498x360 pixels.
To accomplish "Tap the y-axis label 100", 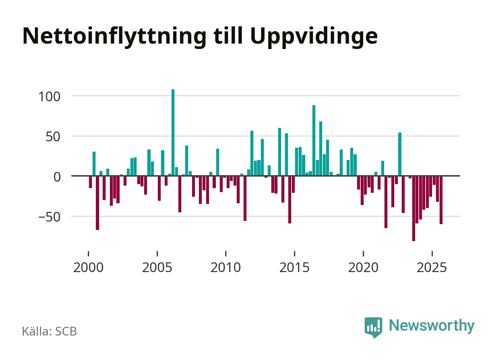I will tap(49, 97).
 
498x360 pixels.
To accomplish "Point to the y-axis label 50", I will tap(53, 137).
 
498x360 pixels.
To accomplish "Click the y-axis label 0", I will tap(57, 177).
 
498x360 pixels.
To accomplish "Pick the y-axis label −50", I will tap(49, 217).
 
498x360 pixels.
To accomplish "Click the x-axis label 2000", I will tap(88, 268).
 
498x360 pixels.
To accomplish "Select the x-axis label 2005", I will tap(157, 268).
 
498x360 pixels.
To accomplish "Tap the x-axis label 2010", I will tap(226, 268).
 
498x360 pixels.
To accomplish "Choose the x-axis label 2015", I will tap(294, 268).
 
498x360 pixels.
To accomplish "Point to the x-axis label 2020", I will tap(363, 268).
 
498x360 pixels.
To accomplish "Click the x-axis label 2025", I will tap(432, 268).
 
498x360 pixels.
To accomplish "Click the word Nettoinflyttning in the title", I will tap(114, 36).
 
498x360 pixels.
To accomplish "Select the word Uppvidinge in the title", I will tap(314, 36).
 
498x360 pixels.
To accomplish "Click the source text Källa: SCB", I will tap(49, 331).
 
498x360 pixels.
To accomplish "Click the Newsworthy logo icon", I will tap(373, 327).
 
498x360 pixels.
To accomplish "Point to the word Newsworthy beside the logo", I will tap(431, 325).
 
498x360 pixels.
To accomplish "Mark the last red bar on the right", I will tap(441, 200).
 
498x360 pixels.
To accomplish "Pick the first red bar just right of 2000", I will tap(90, 182).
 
